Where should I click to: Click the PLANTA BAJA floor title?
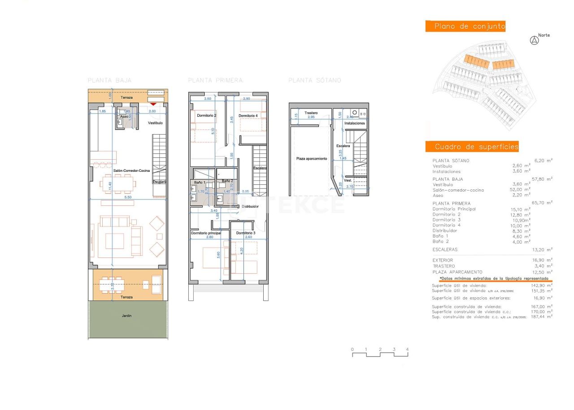click(x=109, y=80)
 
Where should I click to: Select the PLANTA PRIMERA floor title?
click(x=215, y=80)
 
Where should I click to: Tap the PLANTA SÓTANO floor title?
click(x=314, y=80)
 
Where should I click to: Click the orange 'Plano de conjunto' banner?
click(x=465, y=26)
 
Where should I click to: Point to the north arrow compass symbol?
click(x=534, y=40)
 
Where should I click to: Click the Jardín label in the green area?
click(x=127, y=316)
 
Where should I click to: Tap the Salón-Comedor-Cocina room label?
click(x=126, y=170)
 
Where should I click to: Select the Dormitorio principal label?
click(x=206, y=233)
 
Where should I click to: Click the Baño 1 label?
click(x=200, y=182)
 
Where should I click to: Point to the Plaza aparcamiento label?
click(x=311, y=159)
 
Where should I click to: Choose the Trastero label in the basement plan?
click(x=311, y=113)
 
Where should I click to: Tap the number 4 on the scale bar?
click(x=407, y=349)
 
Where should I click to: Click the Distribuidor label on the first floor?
click(x=250, y=206)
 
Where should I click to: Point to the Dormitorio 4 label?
click(x=248, y=116)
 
